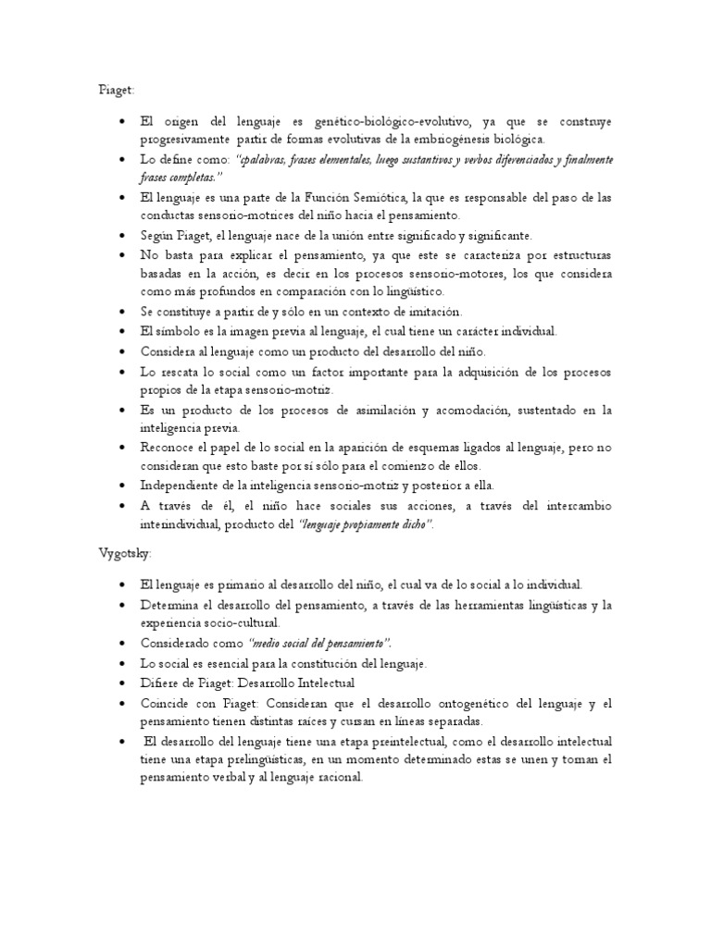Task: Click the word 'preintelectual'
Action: pos(399,743)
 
